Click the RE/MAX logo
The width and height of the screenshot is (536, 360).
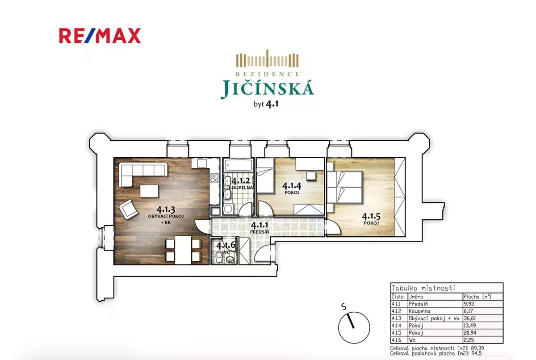coord(100,36)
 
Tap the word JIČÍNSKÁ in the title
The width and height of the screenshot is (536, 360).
coord(267,88)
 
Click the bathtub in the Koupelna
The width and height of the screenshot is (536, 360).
coord(238,165)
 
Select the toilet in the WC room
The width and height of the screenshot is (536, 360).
coord(219,257)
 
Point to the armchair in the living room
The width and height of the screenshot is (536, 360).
coord(128,209)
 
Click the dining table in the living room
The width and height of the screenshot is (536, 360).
coord(183,250)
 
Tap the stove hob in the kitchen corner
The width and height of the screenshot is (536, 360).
coord(214,178)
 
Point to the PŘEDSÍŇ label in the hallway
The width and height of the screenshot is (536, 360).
coord(260,232)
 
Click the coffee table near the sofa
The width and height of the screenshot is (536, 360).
coord(149,191)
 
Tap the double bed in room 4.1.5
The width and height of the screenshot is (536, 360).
coord(344,187)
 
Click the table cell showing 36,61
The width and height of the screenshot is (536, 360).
coord(470,318)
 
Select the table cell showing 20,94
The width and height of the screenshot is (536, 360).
coord(470,333)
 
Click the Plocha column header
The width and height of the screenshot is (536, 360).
coord(477,297)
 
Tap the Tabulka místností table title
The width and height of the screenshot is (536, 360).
coord(423,288)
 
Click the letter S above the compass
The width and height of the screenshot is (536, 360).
coord(344,306)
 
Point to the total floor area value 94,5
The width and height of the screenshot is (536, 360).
coord(477,353)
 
